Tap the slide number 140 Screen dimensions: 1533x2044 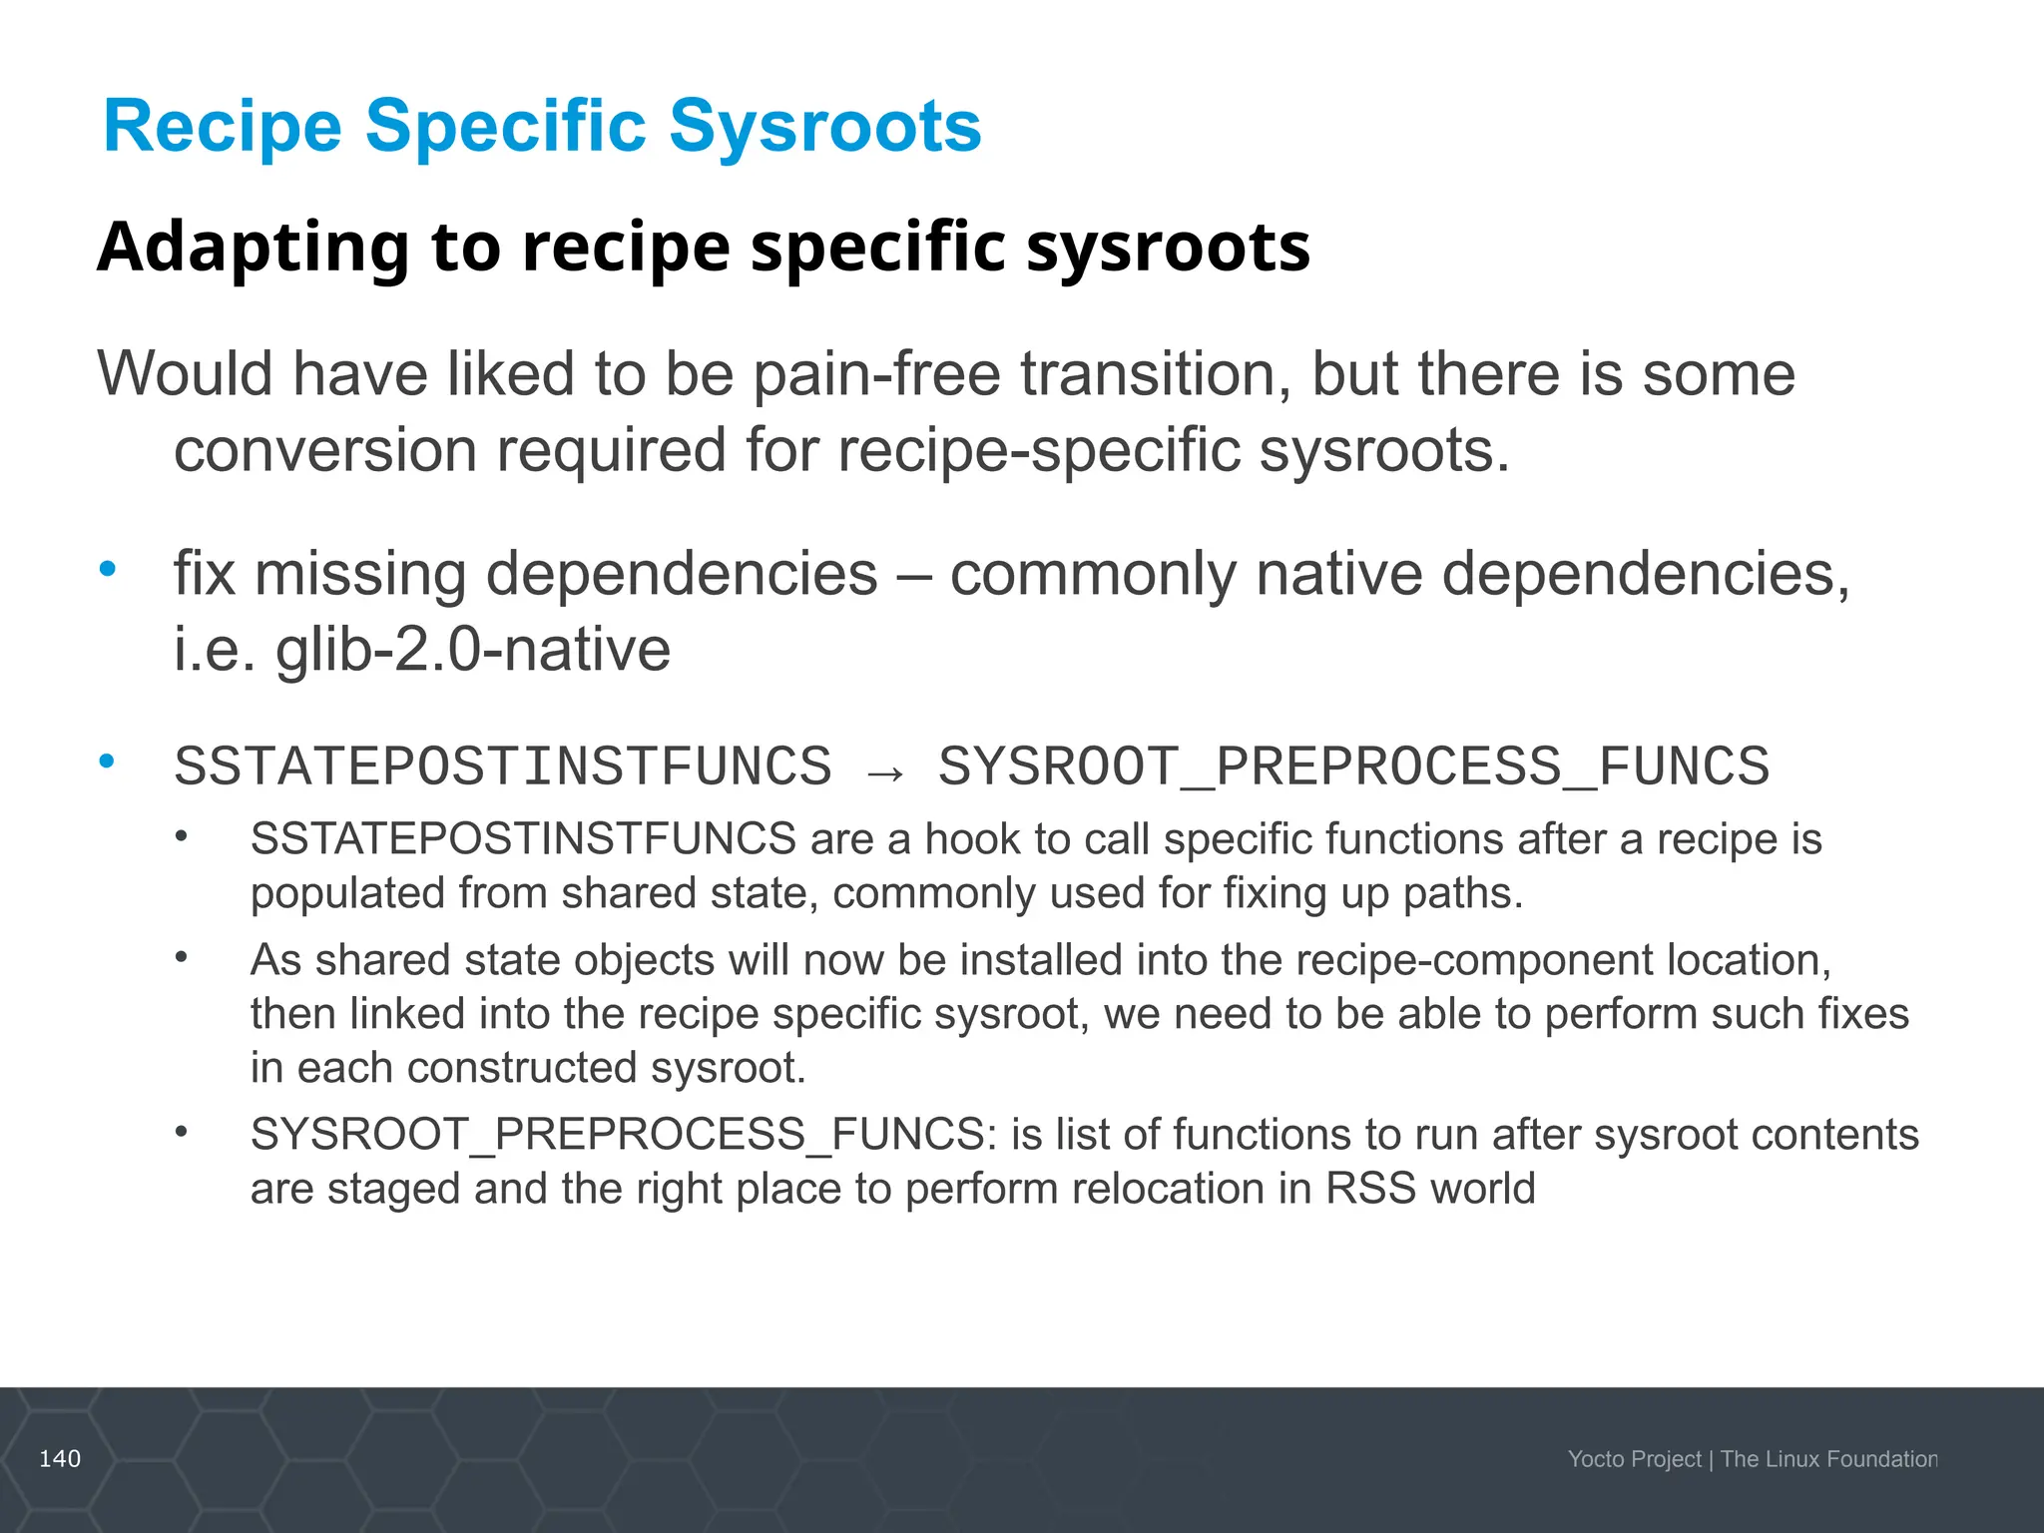click(60, 1459)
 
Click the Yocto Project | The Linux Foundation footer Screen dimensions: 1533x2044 click(1752, 1459)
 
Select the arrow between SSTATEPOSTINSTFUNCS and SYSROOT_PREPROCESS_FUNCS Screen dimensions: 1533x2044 click(885, 771)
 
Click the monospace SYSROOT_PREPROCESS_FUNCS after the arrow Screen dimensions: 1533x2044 click(1353, 766)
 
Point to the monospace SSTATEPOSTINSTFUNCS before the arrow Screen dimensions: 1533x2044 click(503, 766)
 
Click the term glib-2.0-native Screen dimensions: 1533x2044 click(473, 650)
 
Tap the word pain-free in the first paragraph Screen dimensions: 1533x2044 click(876, 374)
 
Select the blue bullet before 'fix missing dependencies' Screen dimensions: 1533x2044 click(108, 569)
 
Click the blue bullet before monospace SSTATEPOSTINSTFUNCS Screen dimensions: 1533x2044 click(108, 762)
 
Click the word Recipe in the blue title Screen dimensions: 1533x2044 click(223, 127)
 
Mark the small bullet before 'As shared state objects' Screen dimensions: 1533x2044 click(181, 958)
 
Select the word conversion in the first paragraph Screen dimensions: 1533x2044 click(325, 450)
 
